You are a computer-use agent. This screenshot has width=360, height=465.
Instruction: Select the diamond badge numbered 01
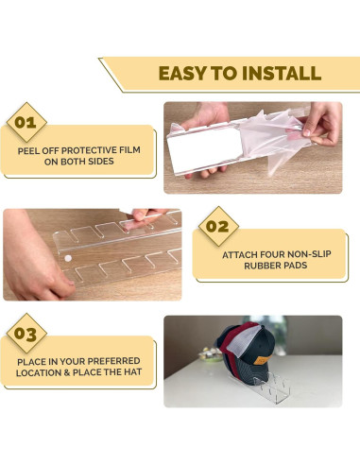[26, 122]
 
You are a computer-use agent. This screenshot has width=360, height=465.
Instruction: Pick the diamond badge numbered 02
[218, 226]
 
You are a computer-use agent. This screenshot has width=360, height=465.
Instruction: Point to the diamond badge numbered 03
[26, 334]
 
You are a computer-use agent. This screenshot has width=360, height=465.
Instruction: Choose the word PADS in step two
[296, 266]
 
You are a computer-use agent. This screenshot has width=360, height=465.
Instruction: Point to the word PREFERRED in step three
[115, 361]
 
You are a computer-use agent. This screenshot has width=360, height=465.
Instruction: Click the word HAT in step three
[132, 372]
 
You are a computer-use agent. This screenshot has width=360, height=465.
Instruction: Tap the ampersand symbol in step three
[67, 372]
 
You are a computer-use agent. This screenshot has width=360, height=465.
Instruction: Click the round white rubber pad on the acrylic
[68, 259]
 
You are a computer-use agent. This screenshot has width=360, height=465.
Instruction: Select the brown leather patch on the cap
[263, 359]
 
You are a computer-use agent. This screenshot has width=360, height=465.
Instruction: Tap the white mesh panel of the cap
[243, 341]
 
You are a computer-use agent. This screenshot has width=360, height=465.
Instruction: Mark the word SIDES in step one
[101, 162]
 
